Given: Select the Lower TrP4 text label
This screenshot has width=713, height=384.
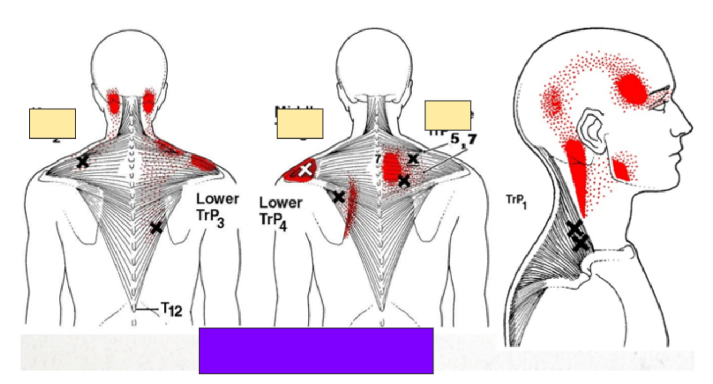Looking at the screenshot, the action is (281, 213).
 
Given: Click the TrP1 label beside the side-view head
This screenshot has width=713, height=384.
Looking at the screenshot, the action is (516, 201).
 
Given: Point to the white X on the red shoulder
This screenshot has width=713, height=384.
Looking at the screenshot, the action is (305, 170).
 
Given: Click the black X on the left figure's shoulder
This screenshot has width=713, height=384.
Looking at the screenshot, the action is (82, 161).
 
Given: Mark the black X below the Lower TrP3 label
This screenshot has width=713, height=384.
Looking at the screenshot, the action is (156, 227).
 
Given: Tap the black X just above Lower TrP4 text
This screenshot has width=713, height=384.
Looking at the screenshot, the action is (338, 197).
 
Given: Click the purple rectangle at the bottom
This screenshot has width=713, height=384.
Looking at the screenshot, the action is (316, 351).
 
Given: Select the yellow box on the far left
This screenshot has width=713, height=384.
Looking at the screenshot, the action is (52, 124).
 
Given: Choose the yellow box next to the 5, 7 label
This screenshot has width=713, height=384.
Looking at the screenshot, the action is (448, 115).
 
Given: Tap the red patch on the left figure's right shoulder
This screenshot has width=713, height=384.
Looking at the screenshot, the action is (203, 162).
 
